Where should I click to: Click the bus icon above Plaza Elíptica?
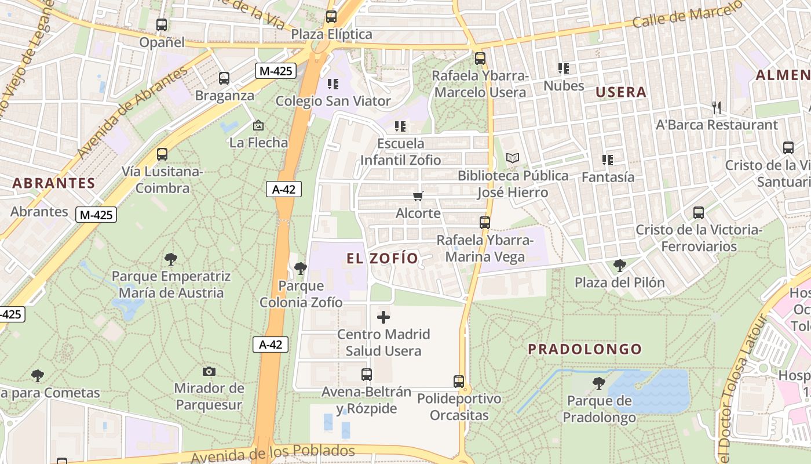[x=331, y=17]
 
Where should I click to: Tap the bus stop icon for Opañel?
[x=162, y=25]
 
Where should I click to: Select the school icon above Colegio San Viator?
[x=333, y=84]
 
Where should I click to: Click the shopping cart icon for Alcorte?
[x=418, y=197]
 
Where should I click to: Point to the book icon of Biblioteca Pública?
[x=513, y=158]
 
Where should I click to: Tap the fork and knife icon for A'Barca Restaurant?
[x=717, y=107]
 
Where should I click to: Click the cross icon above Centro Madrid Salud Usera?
[x=383, y=317]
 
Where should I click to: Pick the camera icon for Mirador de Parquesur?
[x=209, y=371]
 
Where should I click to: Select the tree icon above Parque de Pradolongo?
[x=599, y=383]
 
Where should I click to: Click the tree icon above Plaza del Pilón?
[x=620, y=266]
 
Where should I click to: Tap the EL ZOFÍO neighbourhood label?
[x=382, y=259]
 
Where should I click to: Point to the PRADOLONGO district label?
[x=585, y=349]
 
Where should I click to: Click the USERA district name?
[x=621, y=92]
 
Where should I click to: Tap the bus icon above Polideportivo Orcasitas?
[x=459, y=382]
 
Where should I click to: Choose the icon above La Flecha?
[x=258, y=125]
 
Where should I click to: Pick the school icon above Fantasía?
[x=608, y=159]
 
